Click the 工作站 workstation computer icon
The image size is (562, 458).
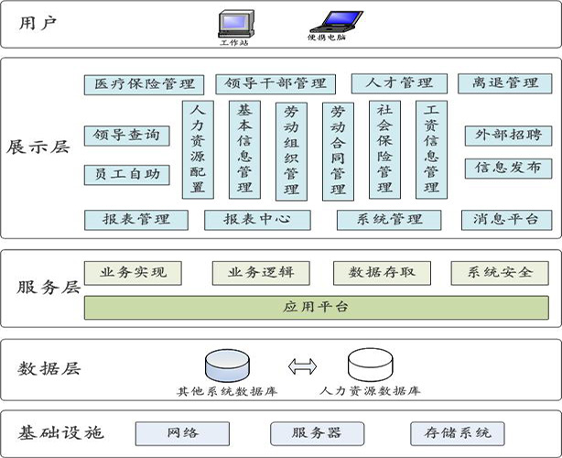point(233,23)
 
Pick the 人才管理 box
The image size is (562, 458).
point(399,84)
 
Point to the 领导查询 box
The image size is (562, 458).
point(127,136)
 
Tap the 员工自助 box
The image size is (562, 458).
point(127,174)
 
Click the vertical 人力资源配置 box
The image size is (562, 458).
point(197,149)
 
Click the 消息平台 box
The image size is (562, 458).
point(506,220)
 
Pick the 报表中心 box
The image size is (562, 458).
point(257,220)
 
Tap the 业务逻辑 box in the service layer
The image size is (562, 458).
point(261,273)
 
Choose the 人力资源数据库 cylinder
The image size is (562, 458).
point(370,365)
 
